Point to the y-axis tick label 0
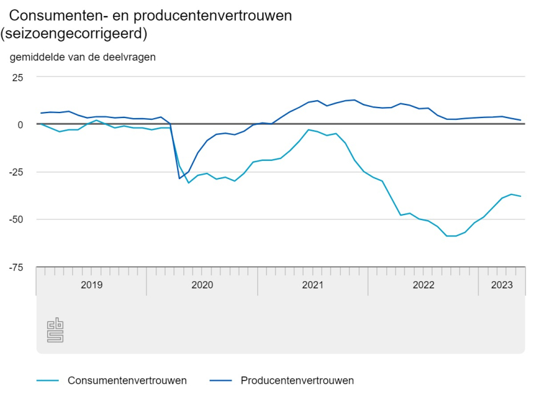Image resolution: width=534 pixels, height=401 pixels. [x=20, y=124]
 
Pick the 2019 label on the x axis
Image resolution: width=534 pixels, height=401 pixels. [x=92, y=285]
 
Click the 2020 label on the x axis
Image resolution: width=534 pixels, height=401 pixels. [x=202, y=285]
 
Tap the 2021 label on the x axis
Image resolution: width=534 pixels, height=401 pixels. [x=313, y=285]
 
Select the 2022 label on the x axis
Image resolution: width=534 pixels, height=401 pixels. [x=423, y=285]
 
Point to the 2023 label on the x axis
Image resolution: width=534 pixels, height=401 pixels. [x=502, y=285]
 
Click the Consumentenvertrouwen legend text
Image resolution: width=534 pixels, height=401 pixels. [x=127, y=380]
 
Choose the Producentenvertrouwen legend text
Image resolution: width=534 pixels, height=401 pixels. [x=297, y=380]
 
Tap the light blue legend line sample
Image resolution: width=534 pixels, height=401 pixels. [x=48, y=381]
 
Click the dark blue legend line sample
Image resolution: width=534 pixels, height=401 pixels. [x=221, y=381]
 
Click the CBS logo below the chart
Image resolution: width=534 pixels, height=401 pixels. [x=56, y=330]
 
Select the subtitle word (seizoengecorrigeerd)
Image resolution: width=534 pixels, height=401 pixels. [x=74, y=34]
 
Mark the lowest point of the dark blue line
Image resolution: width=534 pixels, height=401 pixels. [x=180, y=178]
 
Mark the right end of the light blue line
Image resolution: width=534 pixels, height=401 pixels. [x=521, y=196]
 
